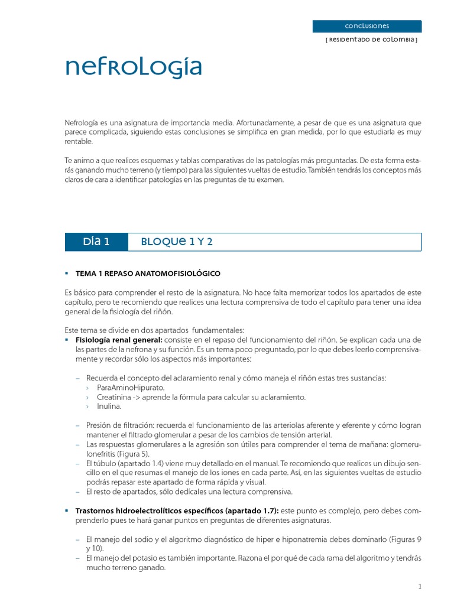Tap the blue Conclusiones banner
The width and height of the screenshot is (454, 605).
pos(367,26)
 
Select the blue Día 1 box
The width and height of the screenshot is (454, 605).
pos(96,242)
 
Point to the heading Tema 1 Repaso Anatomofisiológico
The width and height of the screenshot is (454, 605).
pos(148,274)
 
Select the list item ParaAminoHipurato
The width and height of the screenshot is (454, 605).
pos(131,388)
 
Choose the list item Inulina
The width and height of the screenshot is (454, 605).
pos(109,406)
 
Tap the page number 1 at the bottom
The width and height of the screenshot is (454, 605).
pos(419,587)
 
